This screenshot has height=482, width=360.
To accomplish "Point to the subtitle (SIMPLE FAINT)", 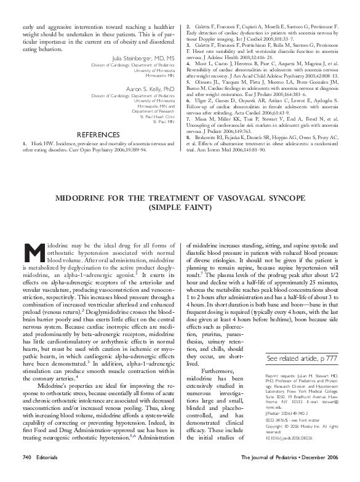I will tap(180, 209).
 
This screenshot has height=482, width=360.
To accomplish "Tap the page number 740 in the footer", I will tap(26, 475).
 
